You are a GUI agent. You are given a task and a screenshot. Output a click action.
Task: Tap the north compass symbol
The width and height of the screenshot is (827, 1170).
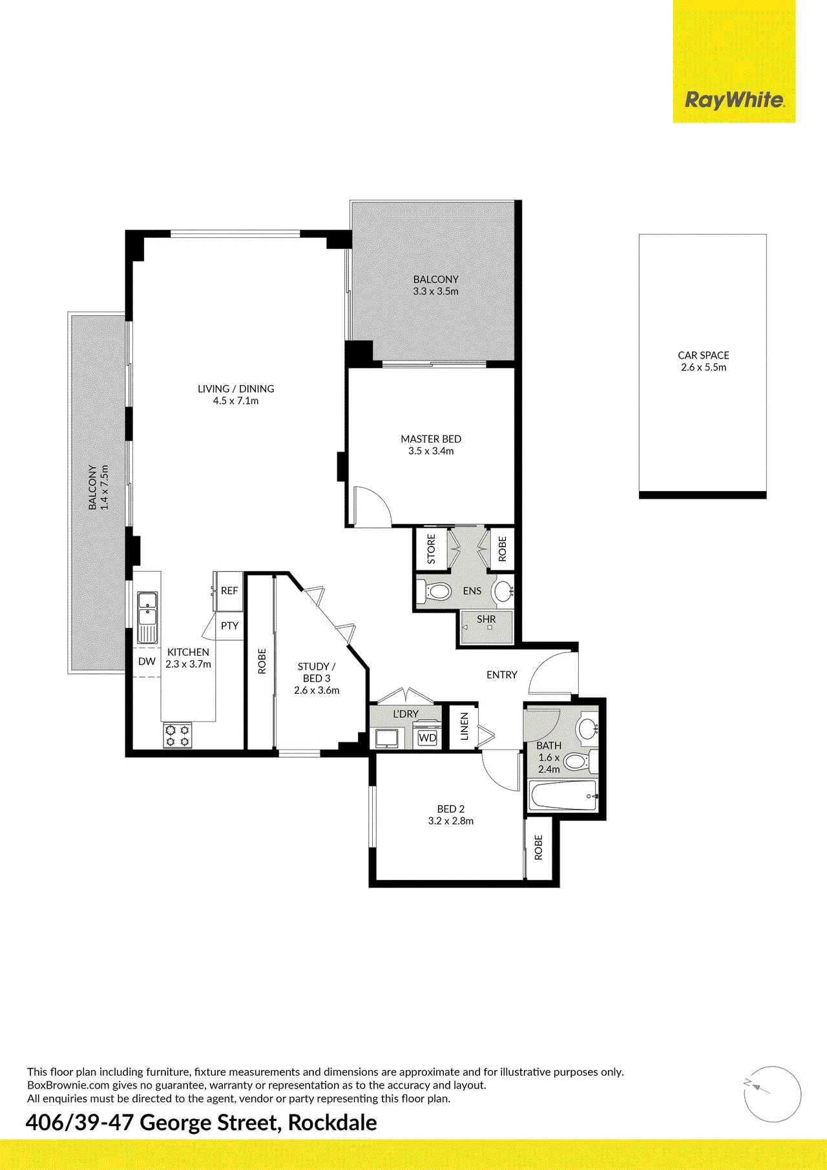(773, 1094)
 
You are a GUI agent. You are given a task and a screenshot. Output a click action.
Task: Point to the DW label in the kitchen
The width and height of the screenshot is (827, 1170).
(147, 662)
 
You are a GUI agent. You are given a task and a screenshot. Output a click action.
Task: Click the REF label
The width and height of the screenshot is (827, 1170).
(229, 590)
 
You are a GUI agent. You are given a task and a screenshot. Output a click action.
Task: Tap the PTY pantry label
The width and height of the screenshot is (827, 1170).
(229, 625)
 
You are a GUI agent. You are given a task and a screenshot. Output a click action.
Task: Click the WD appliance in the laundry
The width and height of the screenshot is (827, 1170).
(428, 738)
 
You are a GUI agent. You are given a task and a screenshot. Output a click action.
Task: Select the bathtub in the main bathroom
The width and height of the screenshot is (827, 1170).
(563, 795)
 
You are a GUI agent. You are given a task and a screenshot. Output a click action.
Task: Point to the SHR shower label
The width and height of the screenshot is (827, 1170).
(487, 619)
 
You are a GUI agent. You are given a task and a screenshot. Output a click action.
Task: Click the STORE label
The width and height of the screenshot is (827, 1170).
(432, 548)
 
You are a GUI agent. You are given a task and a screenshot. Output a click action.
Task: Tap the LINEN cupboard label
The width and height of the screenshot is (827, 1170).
(464, 726)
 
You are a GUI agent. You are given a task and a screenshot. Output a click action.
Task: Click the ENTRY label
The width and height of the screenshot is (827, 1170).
(502, 674)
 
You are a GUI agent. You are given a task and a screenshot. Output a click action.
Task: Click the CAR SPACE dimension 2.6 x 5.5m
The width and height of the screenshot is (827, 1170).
(704, 367)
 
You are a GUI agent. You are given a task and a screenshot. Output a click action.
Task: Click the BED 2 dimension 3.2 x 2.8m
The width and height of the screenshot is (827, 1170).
(451, 820)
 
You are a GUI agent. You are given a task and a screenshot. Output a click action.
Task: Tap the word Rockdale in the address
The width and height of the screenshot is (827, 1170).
(332, 1123)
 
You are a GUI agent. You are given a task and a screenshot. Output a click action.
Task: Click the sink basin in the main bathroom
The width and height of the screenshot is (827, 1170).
(588, 728)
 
